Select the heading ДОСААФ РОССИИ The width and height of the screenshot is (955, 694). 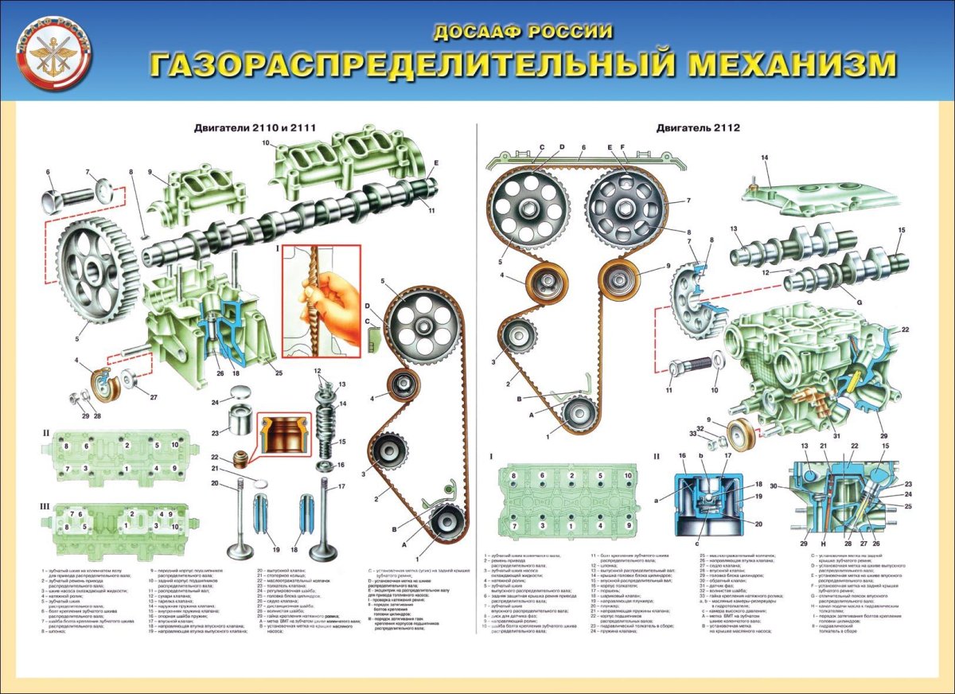pyautogui.click(x=523, y=33)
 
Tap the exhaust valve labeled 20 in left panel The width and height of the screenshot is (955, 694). pyautogui.click(x=238, y=521)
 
